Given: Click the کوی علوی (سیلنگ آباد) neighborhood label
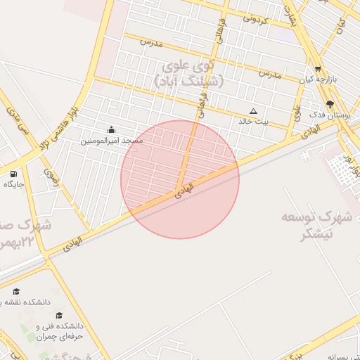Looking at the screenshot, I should (189, 74).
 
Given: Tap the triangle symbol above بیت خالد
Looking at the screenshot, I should (254, 111).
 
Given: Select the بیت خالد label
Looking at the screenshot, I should (254, 122).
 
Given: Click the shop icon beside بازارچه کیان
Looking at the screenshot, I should (319, 69).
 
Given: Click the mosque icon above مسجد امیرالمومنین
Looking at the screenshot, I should (112, 129).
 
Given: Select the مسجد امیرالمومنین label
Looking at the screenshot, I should (111, 141).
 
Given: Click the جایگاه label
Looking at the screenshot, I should (14, 184).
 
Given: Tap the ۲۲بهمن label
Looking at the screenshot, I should (18, 243).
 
